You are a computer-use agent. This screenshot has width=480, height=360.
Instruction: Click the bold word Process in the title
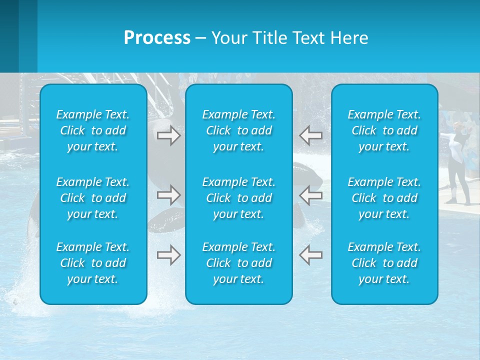tap(157, 38)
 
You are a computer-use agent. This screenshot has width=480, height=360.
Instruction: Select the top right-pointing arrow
tap(168, 135)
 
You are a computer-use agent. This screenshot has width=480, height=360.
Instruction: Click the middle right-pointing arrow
tap(168, 194)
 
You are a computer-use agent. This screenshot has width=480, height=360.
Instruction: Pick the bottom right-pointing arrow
tap(168, 255)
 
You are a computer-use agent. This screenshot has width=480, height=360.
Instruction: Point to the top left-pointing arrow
tap(311, 135)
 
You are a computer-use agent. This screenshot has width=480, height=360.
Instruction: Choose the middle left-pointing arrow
tap(311, 194)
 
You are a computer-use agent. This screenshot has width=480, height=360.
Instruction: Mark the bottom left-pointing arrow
tap(311, 255)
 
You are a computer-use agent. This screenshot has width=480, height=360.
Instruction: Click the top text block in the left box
tap(93, 130)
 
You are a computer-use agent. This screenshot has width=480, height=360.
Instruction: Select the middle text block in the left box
tap(93, 198)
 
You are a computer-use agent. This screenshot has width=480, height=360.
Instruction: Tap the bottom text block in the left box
tap(93, 263)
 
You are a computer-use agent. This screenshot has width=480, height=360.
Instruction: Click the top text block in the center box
tap(239, 130)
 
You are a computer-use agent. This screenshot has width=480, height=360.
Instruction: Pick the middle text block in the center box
tap(239, 198)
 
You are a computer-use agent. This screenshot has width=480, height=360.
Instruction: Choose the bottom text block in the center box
tap(239, 263)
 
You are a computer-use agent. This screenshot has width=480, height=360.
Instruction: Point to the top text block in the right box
tap(384, 130)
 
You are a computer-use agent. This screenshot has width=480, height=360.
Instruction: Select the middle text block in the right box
tap(384, 198)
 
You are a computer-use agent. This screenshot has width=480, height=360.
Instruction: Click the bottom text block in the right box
tap(384, 263)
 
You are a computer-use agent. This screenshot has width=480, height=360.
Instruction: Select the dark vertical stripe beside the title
tap(9, 36)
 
